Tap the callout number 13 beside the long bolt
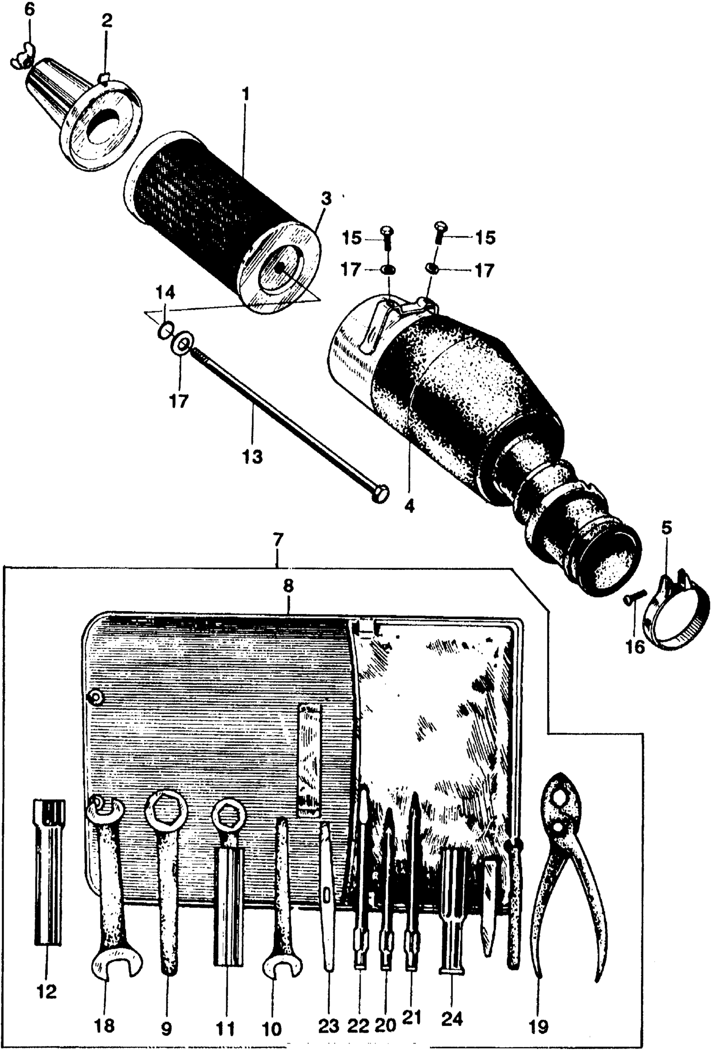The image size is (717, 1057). (253, 456)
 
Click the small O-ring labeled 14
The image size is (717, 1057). (165, 331)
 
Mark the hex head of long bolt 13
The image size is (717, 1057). (380, 494)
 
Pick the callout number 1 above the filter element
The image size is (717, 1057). (245, 94)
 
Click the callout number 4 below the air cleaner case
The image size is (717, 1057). (410, 506)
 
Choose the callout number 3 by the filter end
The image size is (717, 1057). (326, 199)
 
